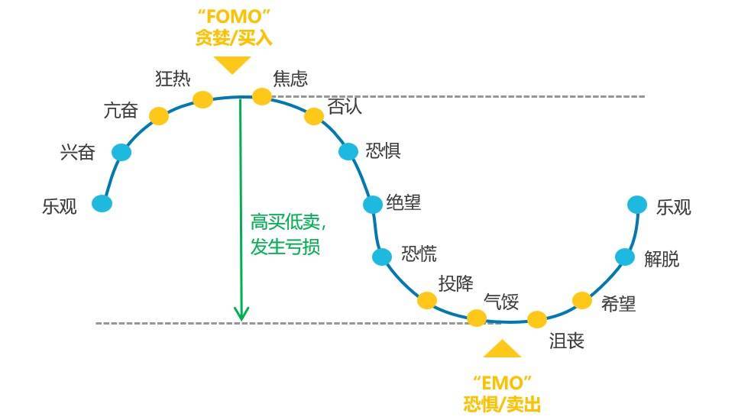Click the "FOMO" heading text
(234, 17)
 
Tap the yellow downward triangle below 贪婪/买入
(232, 64)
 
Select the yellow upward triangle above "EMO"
(502, 349)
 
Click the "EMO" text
(502, 383)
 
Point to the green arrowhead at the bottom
(241, 314)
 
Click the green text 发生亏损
(285, 247)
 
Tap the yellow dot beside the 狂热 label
(203, 99)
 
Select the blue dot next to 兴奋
(121, 153)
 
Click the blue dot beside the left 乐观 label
(102, 203)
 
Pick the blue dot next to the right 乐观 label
(637, 205)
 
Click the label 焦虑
(290, 79)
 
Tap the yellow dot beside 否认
(314, 116)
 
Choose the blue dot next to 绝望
(372, 205)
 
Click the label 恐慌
(419, 254)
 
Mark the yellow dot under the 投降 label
(427, 301)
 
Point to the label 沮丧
(567, 341)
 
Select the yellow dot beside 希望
(581, 301)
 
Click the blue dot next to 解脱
(625, 257)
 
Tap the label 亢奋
(121, 111)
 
